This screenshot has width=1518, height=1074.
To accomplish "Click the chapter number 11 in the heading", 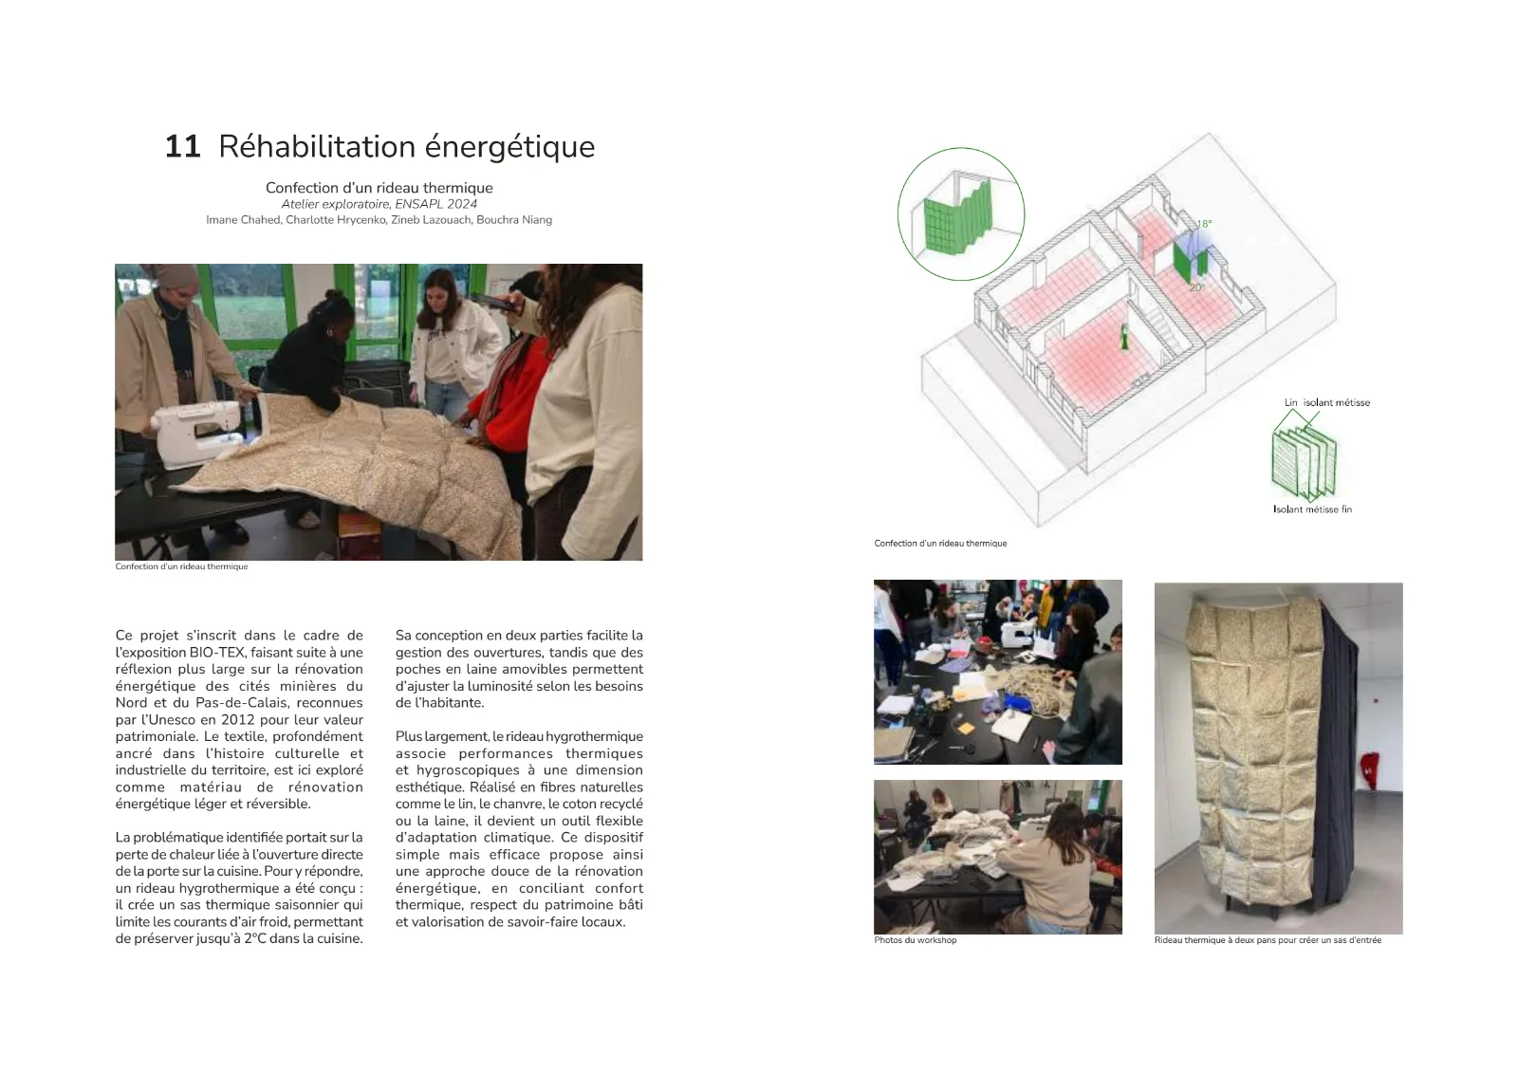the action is (182, 147).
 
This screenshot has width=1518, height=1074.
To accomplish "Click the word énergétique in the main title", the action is (509, 148).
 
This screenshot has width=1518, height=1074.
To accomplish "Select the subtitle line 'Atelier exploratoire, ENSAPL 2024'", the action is (379, 204).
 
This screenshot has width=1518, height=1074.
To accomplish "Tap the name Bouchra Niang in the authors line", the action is (513, 219).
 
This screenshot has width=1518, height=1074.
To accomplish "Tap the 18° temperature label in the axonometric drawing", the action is (1204, 224).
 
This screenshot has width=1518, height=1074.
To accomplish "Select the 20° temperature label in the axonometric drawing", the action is (1197, 288).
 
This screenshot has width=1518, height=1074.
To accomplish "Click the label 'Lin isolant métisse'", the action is (1327, 402).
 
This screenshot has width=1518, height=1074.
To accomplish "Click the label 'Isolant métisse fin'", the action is (1312, 509).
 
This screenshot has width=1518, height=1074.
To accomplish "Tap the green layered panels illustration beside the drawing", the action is (1304, 462).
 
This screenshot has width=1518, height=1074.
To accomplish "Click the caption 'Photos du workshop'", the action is (915, 940).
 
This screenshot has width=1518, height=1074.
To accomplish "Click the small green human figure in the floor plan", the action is (1125, 338).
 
